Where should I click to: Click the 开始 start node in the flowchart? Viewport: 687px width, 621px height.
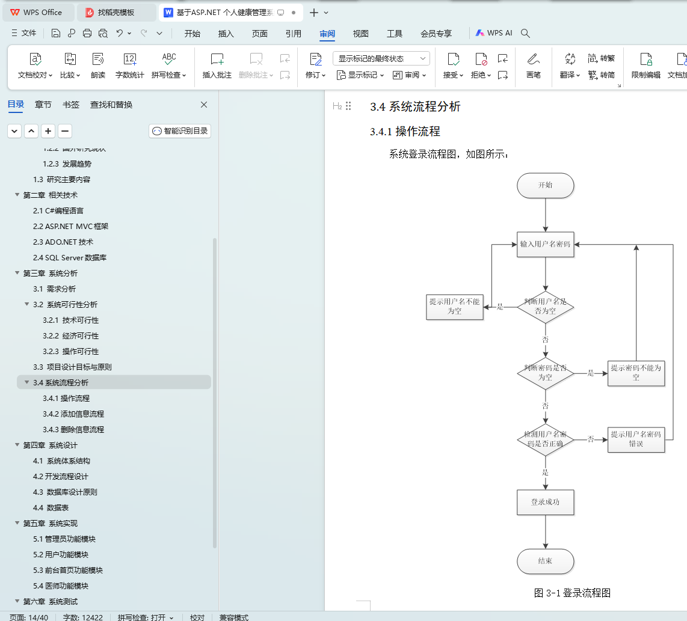545,186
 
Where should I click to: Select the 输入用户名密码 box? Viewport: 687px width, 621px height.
545,245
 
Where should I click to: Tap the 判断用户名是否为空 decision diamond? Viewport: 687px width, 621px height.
545,307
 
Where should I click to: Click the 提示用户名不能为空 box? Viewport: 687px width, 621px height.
454,307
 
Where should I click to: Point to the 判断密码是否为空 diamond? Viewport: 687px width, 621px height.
545,373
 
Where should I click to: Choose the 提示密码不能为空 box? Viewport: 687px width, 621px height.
636,373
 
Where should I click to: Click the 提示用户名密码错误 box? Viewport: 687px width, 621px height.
636,439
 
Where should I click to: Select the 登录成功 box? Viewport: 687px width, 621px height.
545,502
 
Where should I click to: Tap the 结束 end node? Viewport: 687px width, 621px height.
545,561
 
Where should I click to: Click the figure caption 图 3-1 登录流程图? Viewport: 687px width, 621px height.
572,593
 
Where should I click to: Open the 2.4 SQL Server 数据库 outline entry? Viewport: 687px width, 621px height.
70,258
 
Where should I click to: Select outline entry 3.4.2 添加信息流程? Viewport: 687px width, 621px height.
73,414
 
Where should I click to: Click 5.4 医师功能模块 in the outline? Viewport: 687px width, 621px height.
61,586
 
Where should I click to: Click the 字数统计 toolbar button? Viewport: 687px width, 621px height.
129,66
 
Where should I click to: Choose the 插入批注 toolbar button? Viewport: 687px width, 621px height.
217,66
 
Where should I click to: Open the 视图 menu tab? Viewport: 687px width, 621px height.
360,34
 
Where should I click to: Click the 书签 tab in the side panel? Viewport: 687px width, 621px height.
71,105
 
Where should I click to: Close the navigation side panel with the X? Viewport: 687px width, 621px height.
204,105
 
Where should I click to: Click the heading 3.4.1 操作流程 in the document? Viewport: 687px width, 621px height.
405,132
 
